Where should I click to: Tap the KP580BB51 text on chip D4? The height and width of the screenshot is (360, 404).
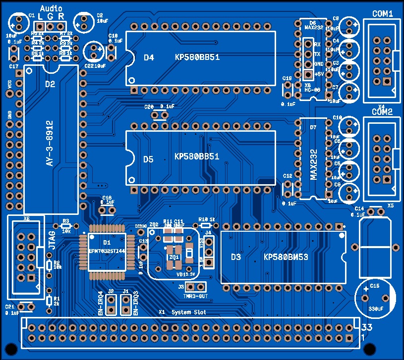197,57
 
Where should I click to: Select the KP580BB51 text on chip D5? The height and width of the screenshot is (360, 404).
197,156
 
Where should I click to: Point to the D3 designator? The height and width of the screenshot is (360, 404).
236,257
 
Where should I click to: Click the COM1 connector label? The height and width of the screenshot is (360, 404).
383,14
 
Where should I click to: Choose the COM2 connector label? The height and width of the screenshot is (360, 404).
383,112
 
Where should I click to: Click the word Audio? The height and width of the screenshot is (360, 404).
51,8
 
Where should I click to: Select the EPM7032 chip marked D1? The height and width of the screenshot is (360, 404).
107,250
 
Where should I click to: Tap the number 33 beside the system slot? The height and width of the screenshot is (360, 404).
366,327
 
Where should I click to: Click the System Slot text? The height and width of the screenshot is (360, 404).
188,312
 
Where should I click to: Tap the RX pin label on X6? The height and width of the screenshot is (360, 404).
317,45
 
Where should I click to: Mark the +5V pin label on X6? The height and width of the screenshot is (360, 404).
319,74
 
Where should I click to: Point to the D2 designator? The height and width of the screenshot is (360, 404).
50,84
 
